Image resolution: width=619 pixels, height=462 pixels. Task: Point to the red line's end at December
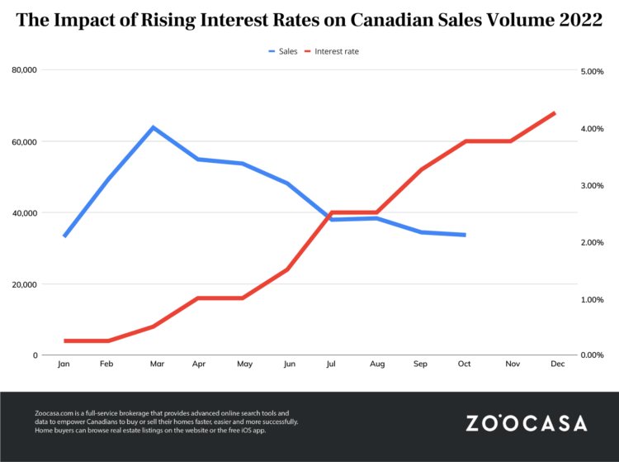point(555,113)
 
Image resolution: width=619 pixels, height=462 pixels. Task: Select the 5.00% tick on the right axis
point(593,72)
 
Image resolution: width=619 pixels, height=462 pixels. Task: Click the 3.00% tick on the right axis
point(593,185)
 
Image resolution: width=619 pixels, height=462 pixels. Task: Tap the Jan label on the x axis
point(64,364)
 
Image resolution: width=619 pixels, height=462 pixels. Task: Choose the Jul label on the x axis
point(332,364)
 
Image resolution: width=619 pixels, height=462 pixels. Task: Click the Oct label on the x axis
point(465,364)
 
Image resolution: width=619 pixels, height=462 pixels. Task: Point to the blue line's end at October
point(465,235)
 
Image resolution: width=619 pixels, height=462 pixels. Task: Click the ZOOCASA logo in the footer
point(527,423)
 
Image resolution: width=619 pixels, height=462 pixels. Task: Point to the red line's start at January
point(64,341)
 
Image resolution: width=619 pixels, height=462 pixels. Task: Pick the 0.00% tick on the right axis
point(593,355)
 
